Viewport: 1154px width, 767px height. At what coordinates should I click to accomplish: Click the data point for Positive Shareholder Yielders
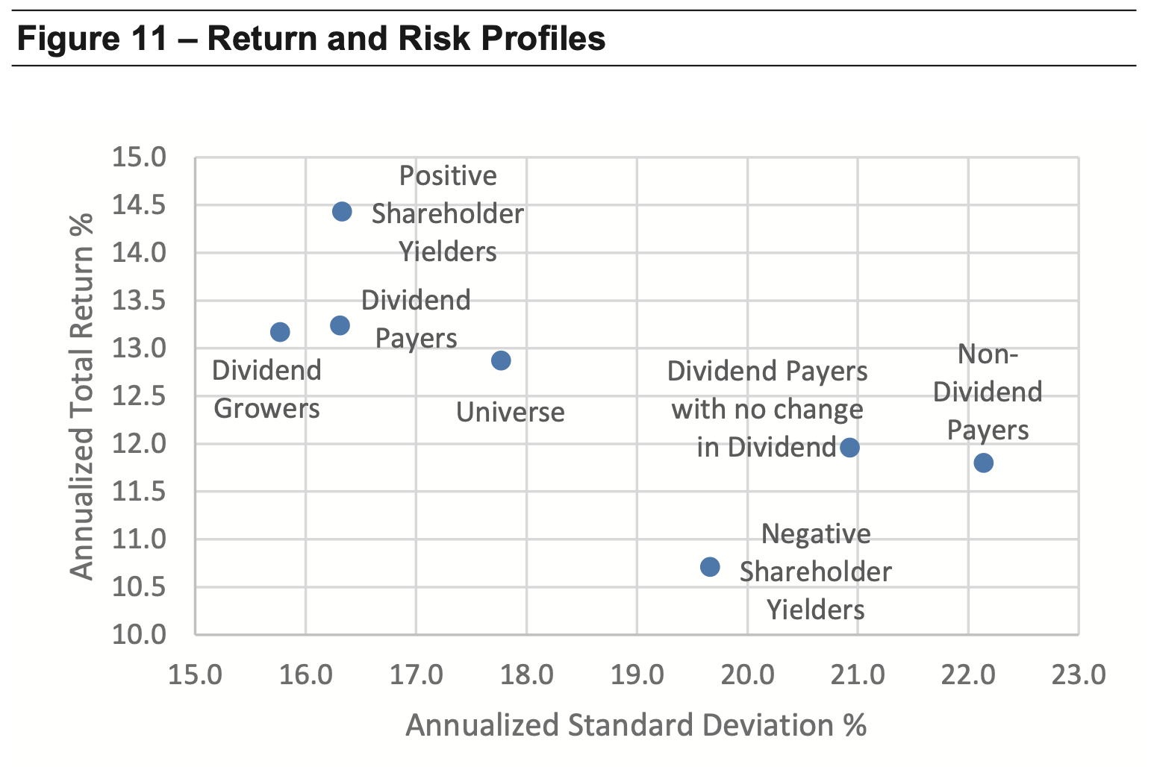[x=342, y=211]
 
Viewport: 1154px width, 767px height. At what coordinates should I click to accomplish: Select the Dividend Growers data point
[x=280, y=332]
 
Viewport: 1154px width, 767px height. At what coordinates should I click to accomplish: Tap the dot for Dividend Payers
[x=340, y=325]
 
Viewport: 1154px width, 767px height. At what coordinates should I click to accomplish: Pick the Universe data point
[x=501, y=360]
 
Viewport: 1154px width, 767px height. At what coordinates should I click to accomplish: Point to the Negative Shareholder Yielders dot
[x=710, y=567]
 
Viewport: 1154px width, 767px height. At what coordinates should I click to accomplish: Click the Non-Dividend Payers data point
[x=984, y=463]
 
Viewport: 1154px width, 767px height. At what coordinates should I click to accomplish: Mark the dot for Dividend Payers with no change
[x=849, y=447]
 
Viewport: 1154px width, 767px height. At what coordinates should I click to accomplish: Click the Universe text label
[x=510, y=412]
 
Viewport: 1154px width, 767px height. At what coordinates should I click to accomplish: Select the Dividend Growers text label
[x=266, y=389]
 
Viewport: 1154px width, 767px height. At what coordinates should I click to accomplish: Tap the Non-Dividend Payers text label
[x=988, y=392]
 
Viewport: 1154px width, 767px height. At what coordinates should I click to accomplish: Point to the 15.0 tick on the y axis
[x=139, y=157]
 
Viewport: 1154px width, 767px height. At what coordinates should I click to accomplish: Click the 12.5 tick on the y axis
[x=139, y=396]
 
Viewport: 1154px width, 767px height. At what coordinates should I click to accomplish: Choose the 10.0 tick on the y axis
[x=139, y=635]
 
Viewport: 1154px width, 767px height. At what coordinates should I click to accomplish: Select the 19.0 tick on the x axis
[x=637, y=674]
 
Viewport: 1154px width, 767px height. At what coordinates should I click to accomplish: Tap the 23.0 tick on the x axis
[x=1079, y=674]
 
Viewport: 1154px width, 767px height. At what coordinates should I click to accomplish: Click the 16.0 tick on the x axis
[x=305, y=674]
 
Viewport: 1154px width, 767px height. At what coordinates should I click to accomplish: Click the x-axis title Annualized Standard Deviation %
[x=636, y=725]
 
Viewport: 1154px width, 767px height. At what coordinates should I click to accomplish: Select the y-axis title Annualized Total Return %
[x=81, y=396]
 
